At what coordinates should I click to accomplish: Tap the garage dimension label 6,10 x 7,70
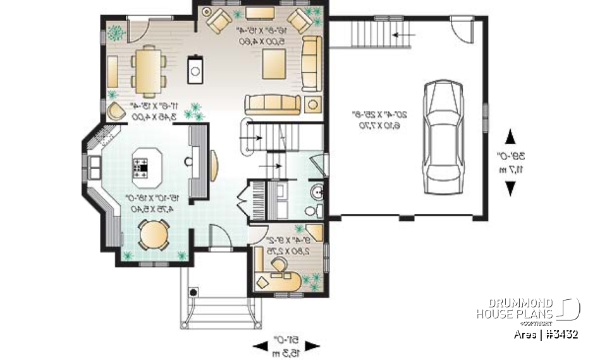coord(380,126)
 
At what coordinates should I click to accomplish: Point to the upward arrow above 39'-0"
coord(510,137)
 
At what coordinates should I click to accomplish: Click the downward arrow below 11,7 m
coord(510,188)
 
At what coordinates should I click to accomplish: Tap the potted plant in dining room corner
coord(115,31)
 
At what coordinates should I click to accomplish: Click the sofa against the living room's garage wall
coord(310,64)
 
